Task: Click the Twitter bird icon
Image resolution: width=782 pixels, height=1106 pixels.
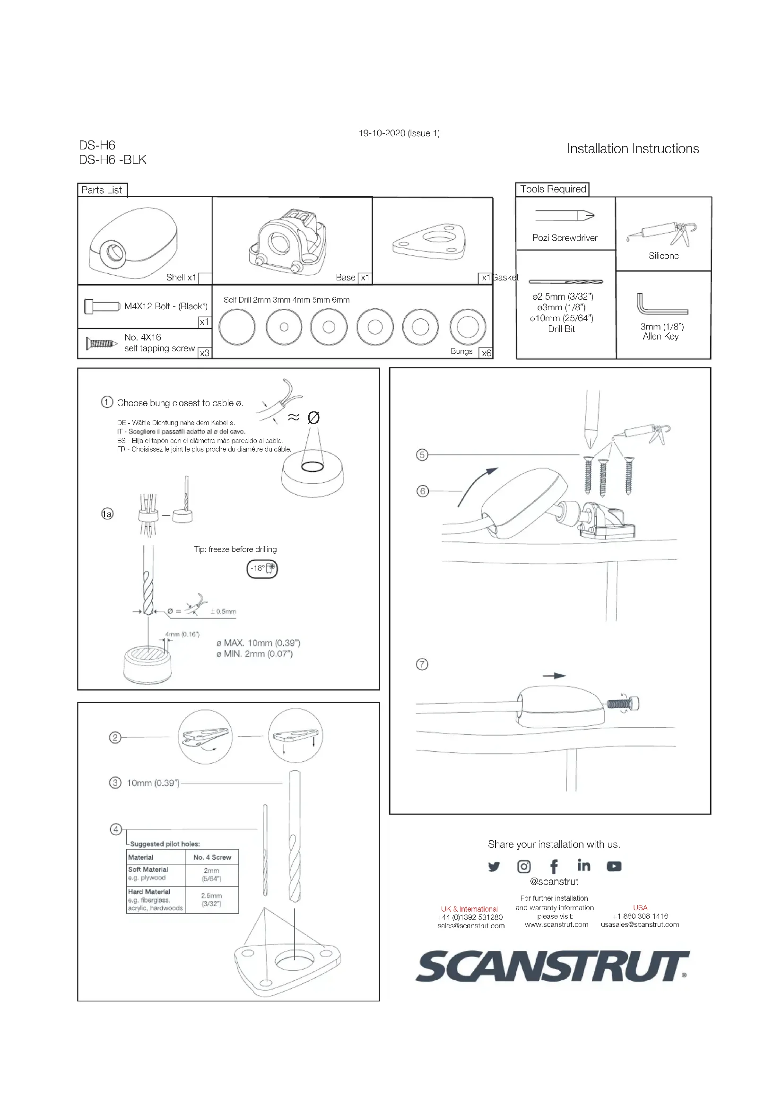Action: tap(494, 867)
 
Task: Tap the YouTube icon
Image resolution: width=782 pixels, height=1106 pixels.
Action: tap(614, 866)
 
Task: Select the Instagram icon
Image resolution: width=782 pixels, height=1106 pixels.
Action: tap(524, 867)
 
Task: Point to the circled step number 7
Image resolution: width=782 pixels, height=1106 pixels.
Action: tap(422, 664)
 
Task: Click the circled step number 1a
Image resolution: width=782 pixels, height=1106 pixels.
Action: tap(107, 514)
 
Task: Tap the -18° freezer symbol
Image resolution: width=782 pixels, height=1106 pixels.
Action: tap(262, 568)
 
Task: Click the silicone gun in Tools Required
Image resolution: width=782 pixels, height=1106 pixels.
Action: tap(663, 233)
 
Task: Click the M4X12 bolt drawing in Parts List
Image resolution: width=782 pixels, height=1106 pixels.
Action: tap(102, 306)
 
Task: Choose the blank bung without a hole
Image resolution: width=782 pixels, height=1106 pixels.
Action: tap(237, 327)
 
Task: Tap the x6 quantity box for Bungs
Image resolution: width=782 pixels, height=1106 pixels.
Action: tap(487, 353)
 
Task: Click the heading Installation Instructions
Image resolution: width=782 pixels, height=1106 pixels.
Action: tap(633, 148)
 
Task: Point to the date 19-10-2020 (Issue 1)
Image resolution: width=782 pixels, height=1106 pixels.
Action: tap(399, 133)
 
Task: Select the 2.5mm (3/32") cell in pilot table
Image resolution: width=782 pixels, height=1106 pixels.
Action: tap(211, 899)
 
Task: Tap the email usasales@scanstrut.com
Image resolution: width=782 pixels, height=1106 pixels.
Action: tap(640, 924)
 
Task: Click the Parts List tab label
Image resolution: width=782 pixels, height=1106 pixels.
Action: tap(102, 190)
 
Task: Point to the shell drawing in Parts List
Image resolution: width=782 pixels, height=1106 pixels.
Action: tap(133, 243)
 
